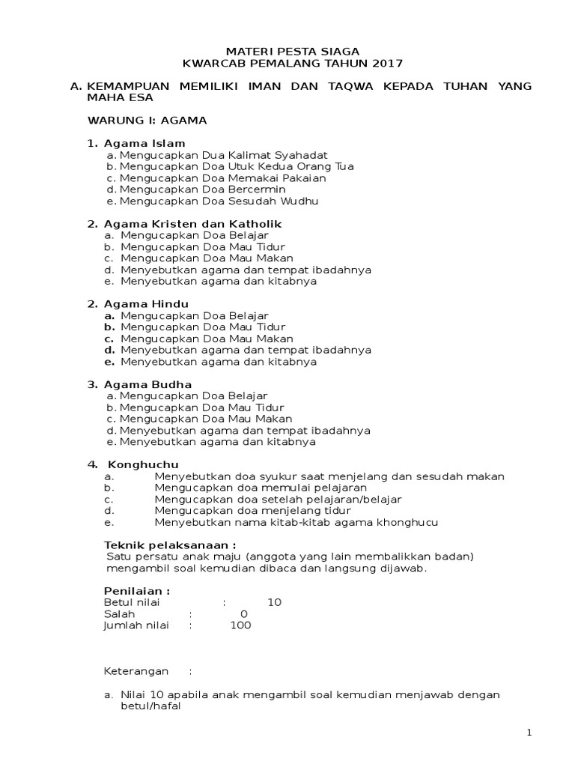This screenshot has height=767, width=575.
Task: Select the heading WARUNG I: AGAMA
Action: (x=147, y=120)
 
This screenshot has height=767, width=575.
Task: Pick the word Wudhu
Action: (x=299, y=201)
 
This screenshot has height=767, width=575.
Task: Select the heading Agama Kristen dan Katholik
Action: (x=192, y=224)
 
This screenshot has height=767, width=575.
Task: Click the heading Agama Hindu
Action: (x=146, y=304)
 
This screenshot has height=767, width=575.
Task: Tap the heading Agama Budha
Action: (x=147, y=384)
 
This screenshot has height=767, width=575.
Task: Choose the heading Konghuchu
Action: (x=143, y=464)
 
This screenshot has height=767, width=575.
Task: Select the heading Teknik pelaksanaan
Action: (x=170, y=545)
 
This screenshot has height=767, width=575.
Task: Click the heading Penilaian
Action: (x=137, y=591)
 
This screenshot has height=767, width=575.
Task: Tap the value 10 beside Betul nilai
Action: (x=274, y=602)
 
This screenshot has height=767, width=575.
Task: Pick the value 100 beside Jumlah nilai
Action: (x=240, y=625)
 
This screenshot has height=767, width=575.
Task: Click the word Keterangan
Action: (x=136, y=671)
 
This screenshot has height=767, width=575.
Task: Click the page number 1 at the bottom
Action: (x=529, y=733)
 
